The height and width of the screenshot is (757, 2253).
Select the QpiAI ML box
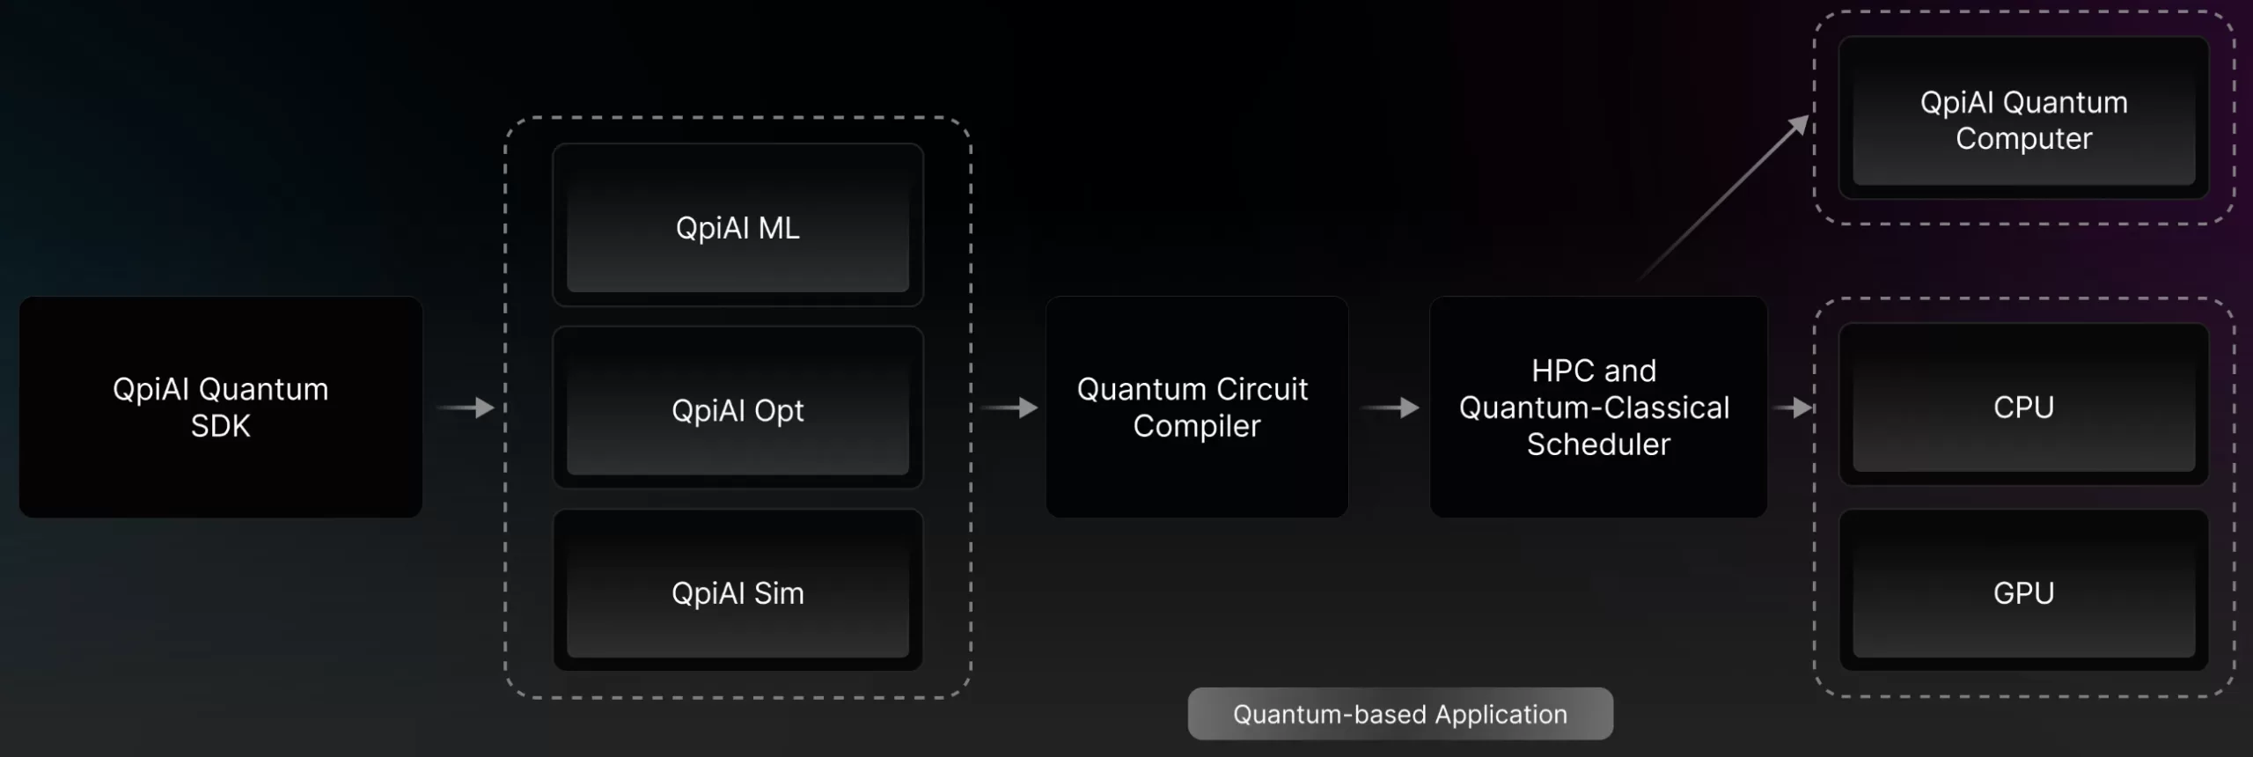tap(738, 227)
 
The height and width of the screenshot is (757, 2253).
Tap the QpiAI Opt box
tap(738, 410)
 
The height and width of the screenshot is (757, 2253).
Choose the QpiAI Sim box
tap(738, 592)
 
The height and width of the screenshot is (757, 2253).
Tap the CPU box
tap(2023, 407)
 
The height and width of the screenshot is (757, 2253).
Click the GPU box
tap(2023, 592)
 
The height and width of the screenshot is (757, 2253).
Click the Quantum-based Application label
tap(1399, 714)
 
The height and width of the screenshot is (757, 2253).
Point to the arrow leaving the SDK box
tap(466, 408)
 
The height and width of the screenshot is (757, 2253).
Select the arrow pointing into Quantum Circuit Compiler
tap(1009, 408)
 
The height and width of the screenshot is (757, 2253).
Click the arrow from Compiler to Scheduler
tap(1390, 408)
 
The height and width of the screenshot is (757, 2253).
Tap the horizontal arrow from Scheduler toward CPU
tap(1793, 408)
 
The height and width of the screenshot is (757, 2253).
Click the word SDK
tap(220, 426)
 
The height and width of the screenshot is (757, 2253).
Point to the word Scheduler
tap(1598, 445)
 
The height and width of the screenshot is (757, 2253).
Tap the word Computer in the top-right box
tap(2023, 139)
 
